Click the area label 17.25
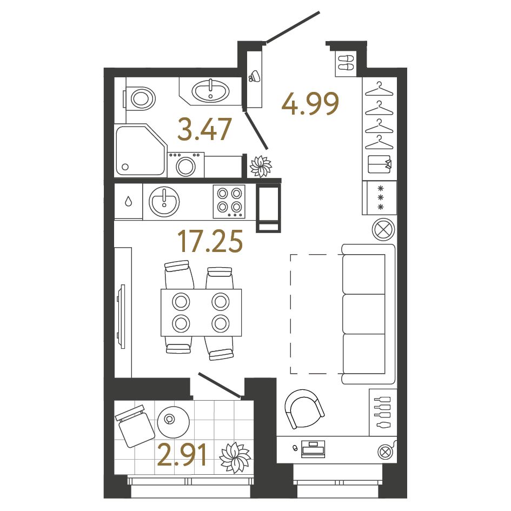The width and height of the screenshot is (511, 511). tap(210, 241)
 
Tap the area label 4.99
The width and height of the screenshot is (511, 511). tap(310, 104)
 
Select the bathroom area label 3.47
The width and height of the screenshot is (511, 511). tap(205, 130)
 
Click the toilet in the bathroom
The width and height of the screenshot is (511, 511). tap(141, 98)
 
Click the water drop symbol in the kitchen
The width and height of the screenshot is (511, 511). tap(128, 202)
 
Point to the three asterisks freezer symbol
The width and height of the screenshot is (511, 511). tap(381, 197)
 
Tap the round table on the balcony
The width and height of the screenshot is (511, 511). tap(173, 421)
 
